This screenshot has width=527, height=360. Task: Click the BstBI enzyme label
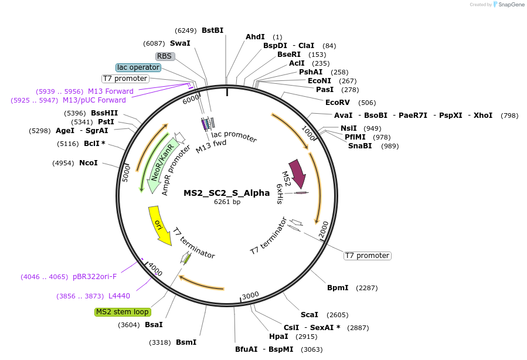[x=212, y=30]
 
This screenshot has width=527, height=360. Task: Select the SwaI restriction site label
[x=180, y=43]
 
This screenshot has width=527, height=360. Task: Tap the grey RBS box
[x=165, y=56]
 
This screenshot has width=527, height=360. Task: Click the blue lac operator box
[x=138, y=67]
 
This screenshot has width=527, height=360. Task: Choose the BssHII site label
[x=104, y=113]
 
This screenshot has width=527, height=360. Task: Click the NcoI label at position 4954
[x=89, y=162]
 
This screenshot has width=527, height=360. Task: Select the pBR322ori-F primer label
[x=94, y=276]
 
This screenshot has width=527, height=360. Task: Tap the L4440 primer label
[x=119, y=296]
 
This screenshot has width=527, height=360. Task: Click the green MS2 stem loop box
[x=123, y=312]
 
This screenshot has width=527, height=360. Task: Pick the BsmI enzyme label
[x=186, y=342]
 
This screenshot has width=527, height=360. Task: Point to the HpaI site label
[x=278, y=336]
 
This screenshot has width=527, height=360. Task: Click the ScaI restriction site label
[x=309, y=315]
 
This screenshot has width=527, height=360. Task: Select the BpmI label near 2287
[x=338, y=288]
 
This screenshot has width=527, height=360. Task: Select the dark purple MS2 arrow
[x=297, y=172]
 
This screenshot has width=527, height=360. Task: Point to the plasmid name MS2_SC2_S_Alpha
[x=227, y=192]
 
